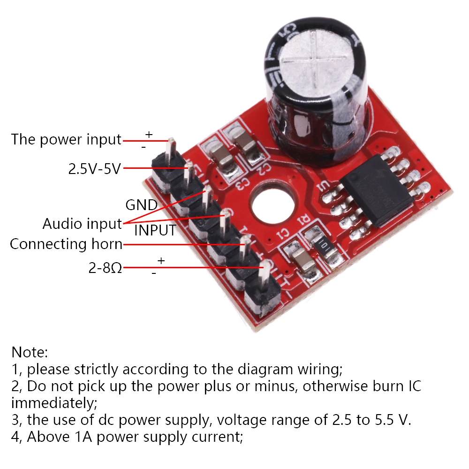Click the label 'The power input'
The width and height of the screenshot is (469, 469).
(66, 140)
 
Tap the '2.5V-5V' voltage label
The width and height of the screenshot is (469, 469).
(95, 169)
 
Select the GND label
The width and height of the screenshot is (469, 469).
(142, 205)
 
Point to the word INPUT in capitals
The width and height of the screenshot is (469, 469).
(155, 230)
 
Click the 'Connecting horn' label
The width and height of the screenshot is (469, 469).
(66, 244)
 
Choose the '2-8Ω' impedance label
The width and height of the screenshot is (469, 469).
(105, 268)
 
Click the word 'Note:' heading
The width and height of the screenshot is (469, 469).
(29, 352)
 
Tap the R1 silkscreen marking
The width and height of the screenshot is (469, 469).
(305, 219)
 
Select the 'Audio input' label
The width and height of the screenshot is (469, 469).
(82, 224)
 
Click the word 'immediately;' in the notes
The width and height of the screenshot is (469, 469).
(54, 403)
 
